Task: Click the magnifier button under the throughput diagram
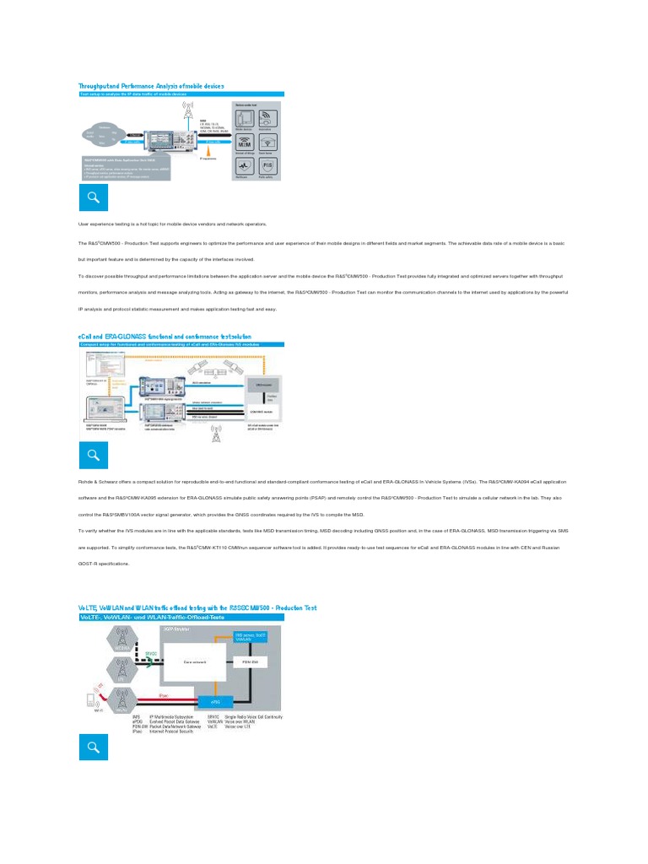tap(94, 198)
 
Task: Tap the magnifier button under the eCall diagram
tap(94, 456)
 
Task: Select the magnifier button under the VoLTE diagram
tap(94, 747)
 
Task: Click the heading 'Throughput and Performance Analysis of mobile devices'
tap(151, 86)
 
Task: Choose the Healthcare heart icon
tap(245, 166)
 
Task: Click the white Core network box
tap(196, 662)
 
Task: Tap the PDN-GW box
tap(251, 662)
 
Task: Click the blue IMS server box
tap(251, 636)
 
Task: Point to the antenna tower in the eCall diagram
tap(216, 436)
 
